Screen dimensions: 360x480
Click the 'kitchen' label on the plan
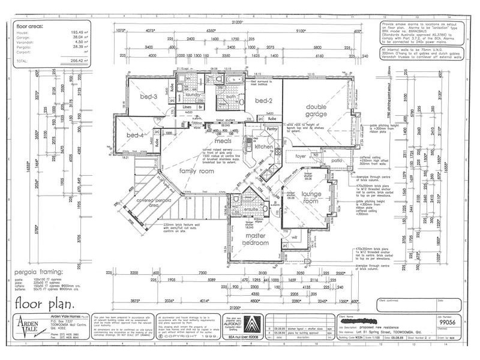tap(264, 146)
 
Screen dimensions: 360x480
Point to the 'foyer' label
tap(300, 156)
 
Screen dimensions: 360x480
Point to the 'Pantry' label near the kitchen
tap(271, 128)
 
